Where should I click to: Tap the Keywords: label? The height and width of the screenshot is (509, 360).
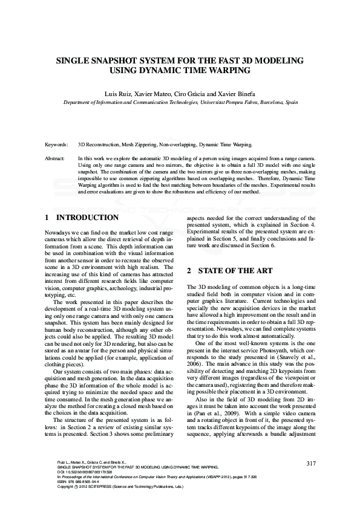pos(57,145)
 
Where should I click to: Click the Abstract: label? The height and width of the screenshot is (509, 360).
pos(56,158)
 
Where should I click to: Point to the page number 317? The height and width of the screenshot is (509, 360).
pos(311,464)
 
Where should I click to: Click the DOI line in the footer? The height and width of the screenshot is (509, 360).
pos(82,472)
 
